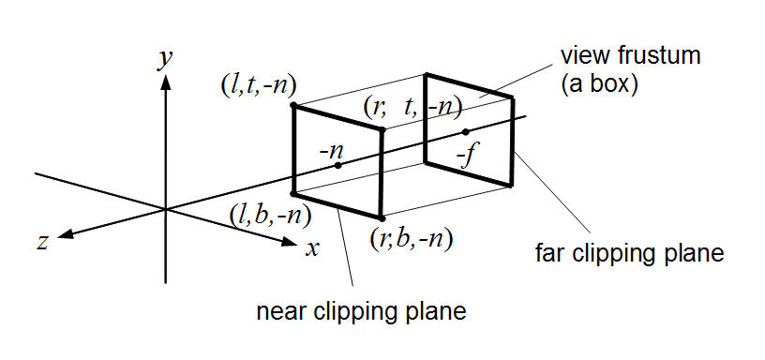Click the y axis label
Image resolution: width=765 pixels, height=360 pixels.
click(x=166, y=60)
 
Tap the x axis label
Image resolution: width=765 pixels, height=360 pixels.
click(x=312, y=249)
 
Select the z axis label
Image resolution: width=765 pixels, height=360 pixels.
click(x=43, y=242)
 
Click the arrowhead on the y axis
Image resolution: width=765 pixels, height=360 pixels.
click(x=166, y=82)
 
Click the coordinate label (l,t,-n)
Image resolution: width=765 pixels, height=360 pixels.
click(x=258, y=87)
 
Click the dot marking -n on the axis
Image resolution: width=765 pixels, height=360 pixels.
click(x=338, y=165)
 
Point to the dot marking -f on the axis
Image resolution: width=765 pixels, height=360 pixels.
click(x=465, y=131)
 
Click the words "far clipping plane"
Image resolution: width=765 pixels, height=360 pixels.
click(x=629, y=254)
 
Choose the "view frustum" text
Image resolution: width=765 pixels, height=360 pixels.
click(x=630, y=55)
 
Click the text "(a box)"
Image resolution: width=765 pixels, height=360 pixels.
click(x=599, y=85)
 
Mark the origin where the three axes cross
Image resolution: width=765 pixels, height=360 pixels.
click(x=166, y=209)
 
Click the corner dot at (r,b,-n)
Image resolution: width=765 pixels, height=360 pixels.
click(x=382, y=218)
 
